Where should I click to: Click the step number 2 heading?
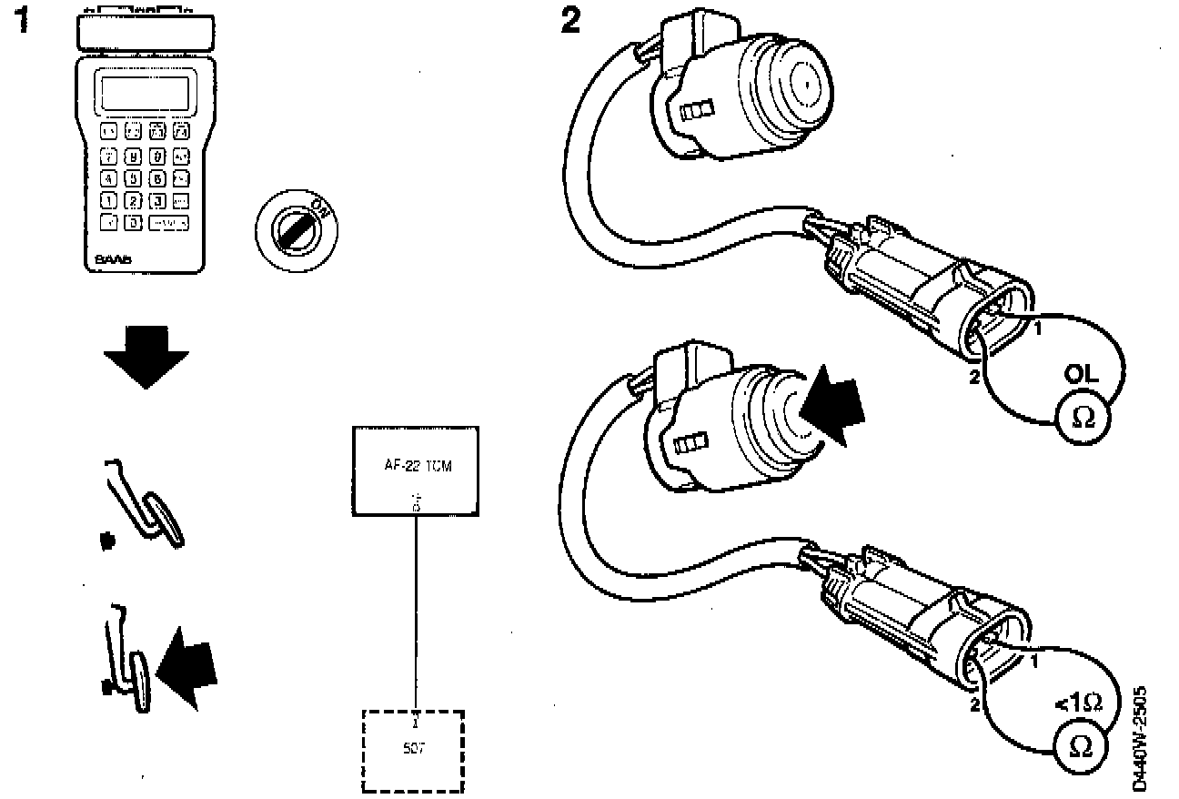coord(569,21)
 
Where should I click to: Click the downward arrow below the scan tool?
coord(146,359)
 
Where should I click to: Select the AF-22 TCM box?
coord(416,471)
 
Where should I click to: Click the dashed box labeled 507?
coord(414,751)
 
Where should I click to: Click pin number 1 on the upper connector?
coord(1037,329)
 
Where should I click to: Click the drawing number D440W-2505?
coord(1141,738)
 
